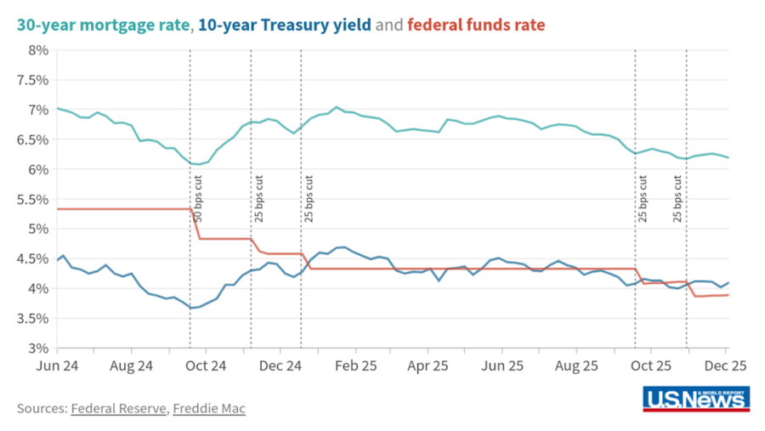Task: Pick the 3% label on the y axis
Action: [x=37, y=349]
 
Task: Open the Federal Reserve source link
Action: [x=118, y=408]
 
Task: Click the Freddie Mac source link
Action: [x=209, y=408]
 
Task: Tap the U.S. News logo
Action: [x=696, y=398]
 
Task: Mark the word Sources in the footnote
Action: [x=42, y=408]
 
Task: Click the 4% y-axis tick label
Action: [x=37, y=289]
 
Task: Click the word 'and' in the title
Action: [x=389, y=25]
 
